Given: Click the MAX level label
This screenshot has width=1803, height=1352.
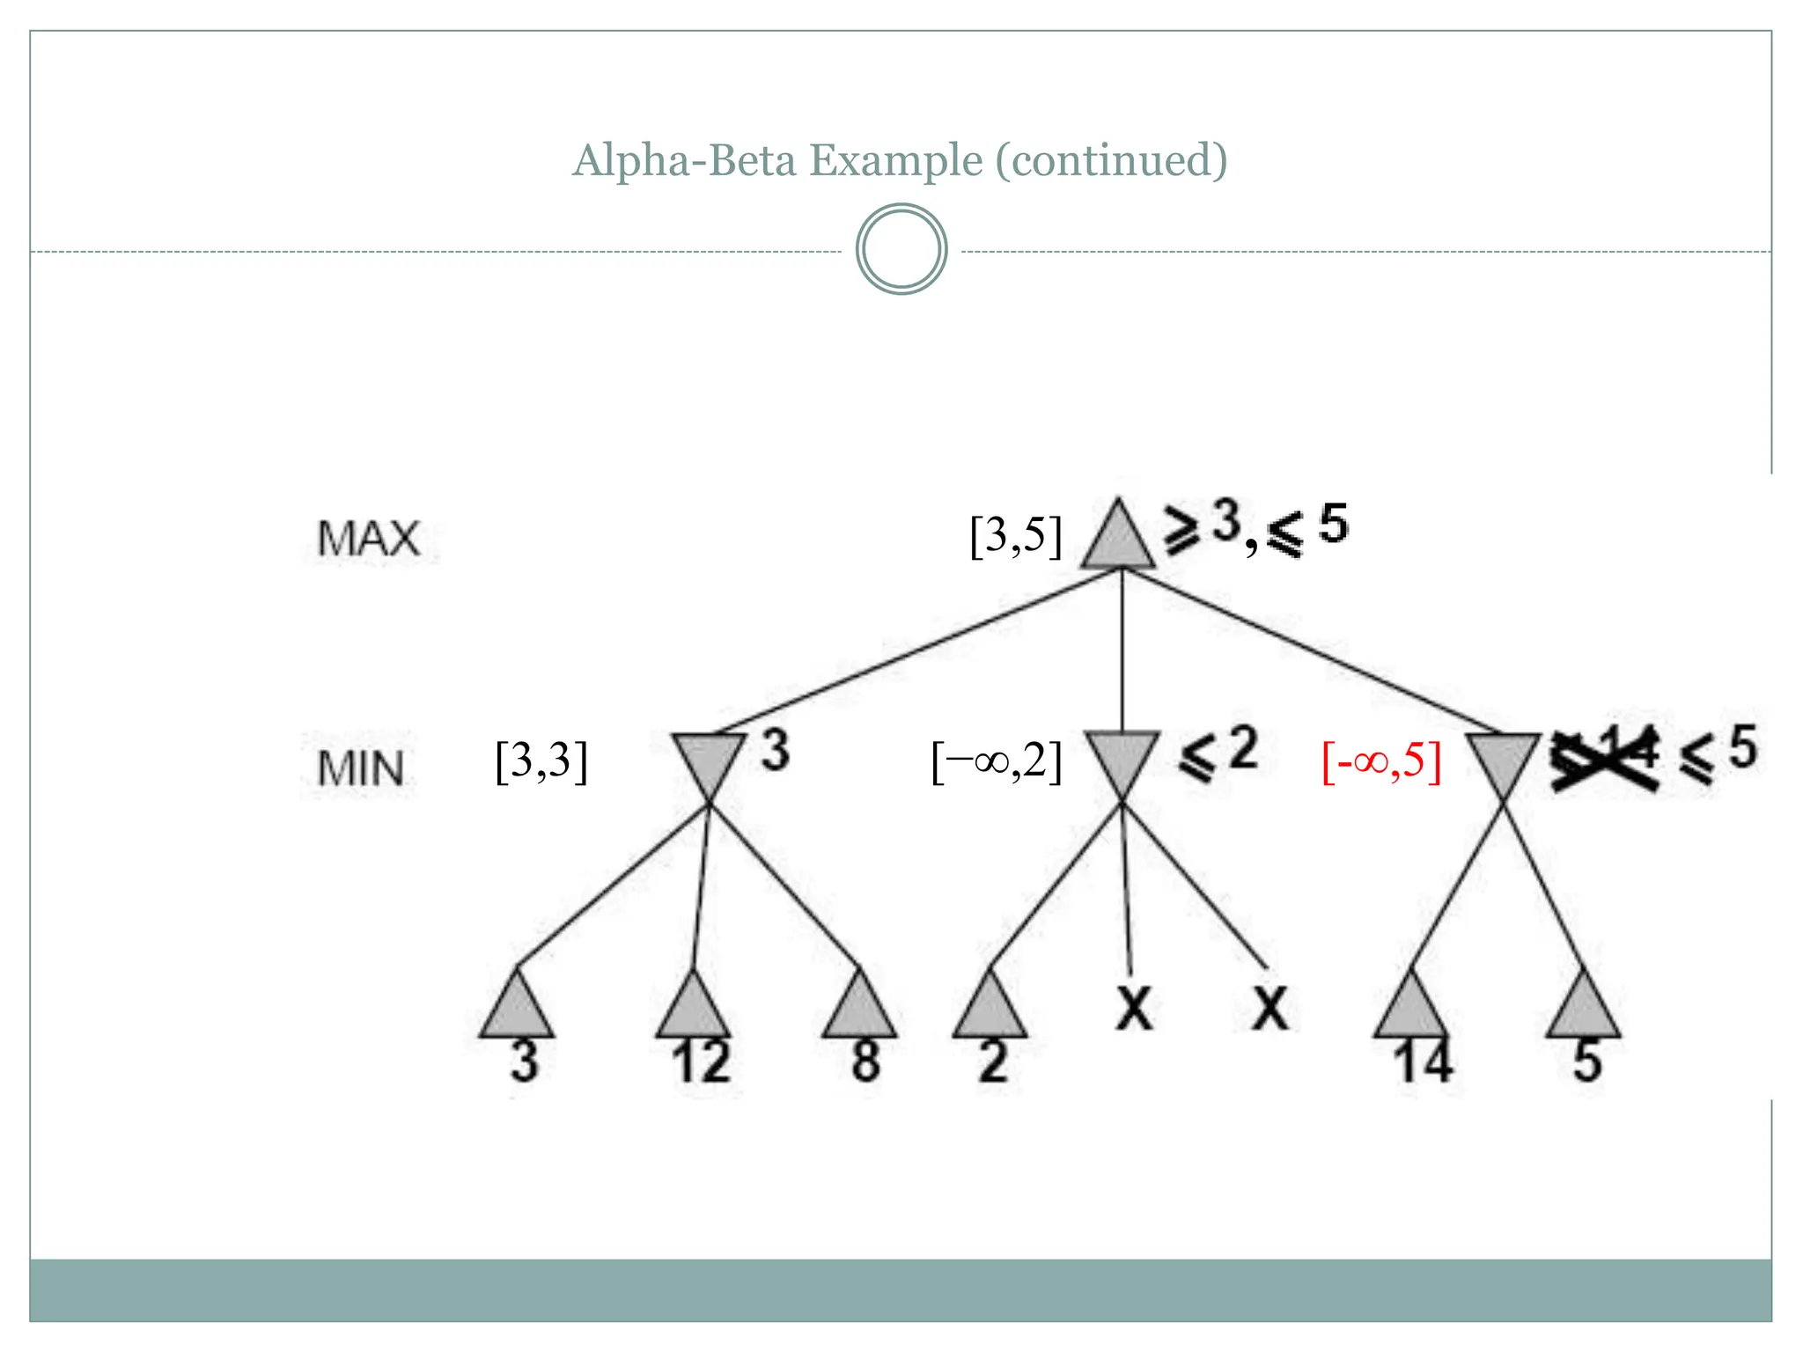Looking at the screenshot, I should [x=368, y=539].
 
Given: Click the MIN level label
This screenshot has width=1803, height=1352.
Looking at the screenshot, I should [x=361, y=768].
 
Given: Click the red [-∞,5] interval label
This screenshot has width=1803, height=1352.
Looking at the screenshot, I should [x=1380, y=760].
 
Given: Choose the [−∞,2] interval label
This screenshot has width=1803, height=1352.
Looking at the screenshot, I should [x=997, y=760].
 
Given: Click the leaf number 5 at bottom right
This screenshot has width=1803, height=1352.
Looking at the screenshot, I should [x=1586, y=1062].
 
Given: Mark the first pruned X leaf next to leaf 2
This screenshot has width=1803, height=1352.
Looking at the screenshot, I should [x=1134, y=1009].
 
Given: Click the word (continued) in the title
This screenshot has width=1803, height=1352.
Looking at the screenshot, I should [x=1111, y=160].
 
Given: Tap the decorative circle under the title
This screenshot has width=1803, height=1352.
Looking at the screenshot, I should [x=901, y=249].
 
